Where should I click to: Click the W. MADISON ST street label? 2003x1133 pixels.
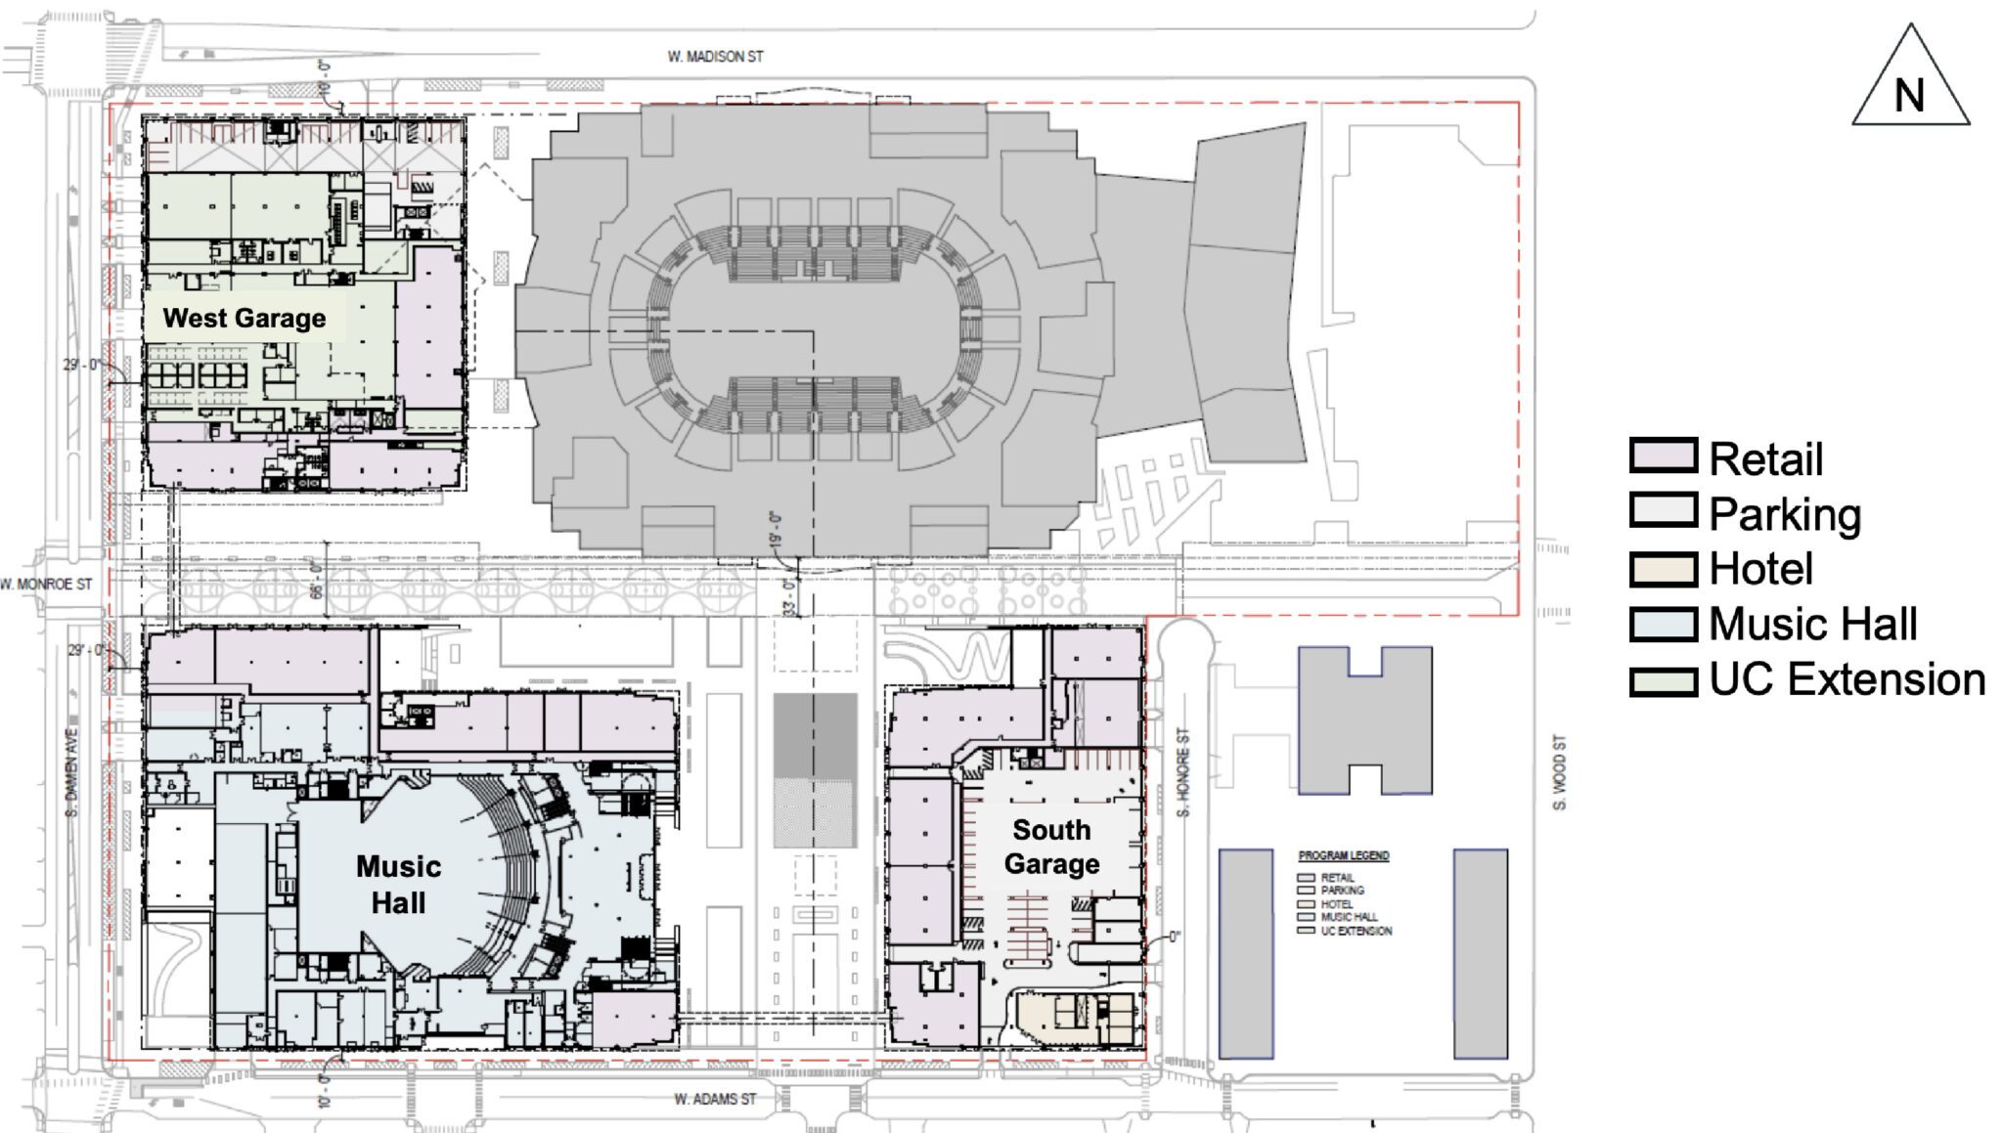click(x=715, y=57)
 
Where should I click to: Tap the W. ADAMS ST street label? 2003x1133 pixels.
click(x=715, y=1100)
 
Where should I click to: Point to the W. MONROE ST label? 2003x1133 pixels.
click(x=46, y=585)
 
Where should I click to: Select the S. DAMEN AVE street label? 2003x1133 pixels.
click(x=71, y=772)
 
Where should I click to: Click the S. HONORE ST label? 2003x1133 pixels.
click(x=1183, y=772)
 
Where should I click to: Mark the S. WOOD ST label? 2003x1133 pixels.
click(x=1559, y=772)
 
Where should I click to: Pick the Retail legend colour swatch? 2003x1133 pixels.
click(x=1663, y=456)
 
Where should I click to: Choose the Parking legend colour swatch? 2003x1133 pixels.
click(x=1663, y=510)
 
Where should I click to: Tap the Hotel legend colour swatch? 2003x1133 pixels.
click(x=1663, y=569)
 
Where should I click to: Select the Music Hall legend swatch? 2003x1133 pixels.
click(x=1663, y=624)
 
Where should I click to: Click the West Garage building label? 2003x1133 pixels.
click(x=245, y=319)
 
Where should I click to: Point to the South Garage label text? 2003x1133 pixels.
click(x=1051, y=847)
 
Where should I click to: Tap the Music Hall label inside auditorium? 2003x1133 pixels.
click(x=398, y=884)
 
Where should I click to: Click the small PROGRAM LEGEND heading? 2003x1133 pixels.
click(x=1343, y=855)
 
